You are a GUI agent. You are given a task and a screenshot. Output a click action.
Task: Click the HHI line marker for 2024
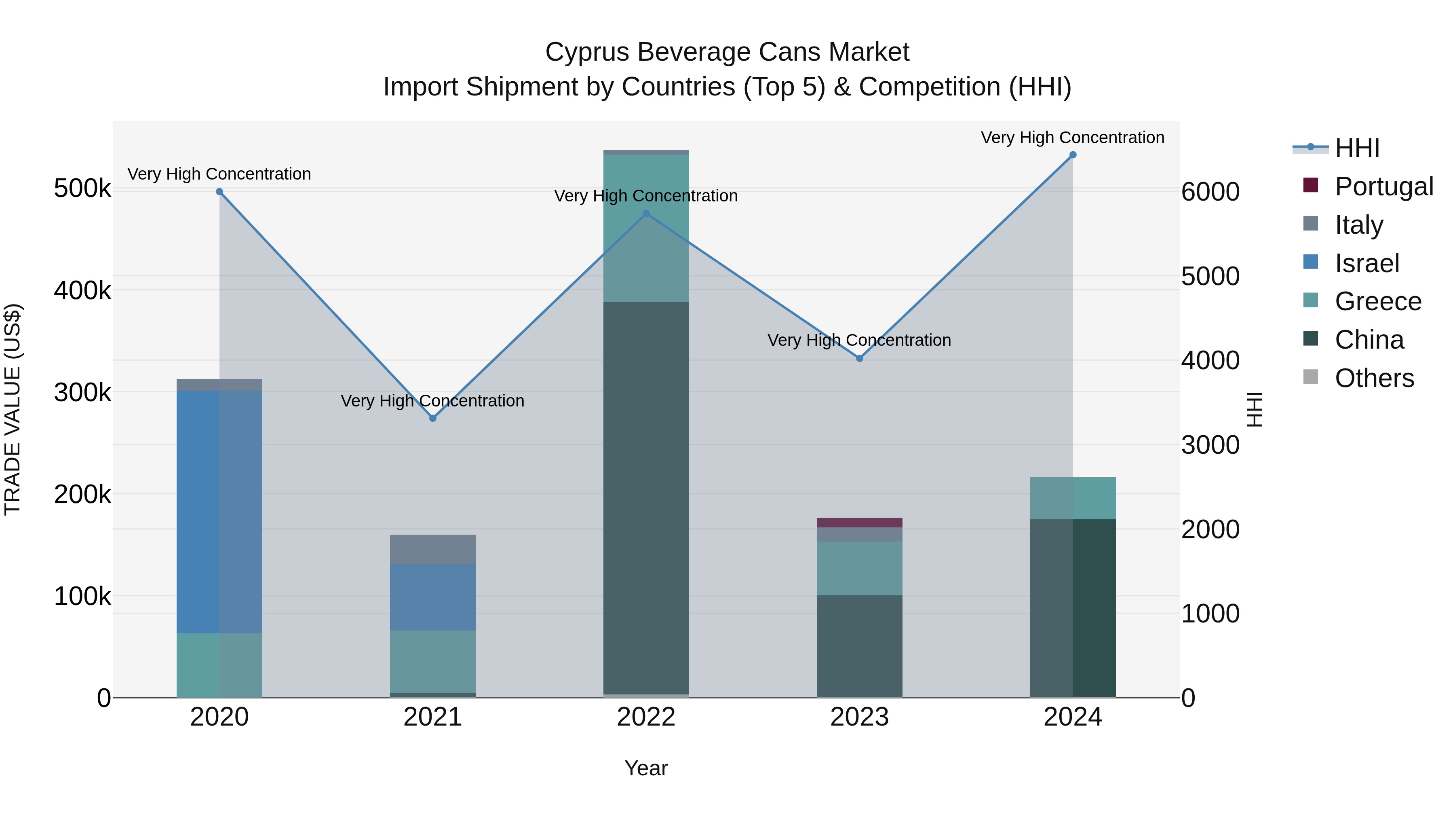point(1073,155)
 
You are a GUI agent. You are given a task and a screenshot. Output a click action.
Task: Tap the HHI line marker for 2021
point(432,418)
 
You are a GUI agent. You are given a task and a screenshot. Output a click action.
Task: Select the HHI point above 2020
point(220,192)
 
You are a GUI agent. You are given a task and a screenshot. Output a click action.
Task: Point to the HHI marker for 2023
point(860,358)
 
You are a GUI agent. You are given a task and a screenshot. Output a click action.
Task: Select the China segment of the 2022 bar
point(646,497)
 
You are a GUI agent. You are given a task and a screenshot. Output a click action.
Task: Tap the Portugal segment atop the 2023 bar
point(860,522)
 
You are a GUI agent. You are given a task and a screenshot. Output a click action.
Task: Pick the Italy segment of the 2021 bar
point(432,549)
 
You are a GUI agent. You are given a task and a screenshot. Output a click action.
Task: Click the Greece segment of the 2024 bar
point(1073,498)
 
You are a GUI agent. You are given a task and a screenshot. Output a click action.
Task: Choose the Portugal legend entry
point(1383,186)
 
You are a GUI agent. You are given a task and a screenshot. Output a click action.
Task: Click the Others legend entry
point(1374,378)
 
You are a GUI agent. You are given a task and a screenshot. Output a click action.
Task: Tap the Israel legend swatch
point(1310,262)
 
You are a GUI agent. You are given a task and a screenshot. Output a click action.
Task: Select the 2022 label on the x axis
point(646,717)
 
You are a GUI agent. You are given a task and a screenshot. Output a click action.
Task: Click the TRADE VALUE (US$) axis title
point(13,409)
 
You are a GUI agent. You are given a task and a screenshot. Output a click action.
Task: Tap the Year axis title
point(646,768)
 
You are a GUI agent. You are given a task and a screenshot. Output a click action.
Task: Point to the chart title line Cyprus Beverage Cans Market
point(727,52)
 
